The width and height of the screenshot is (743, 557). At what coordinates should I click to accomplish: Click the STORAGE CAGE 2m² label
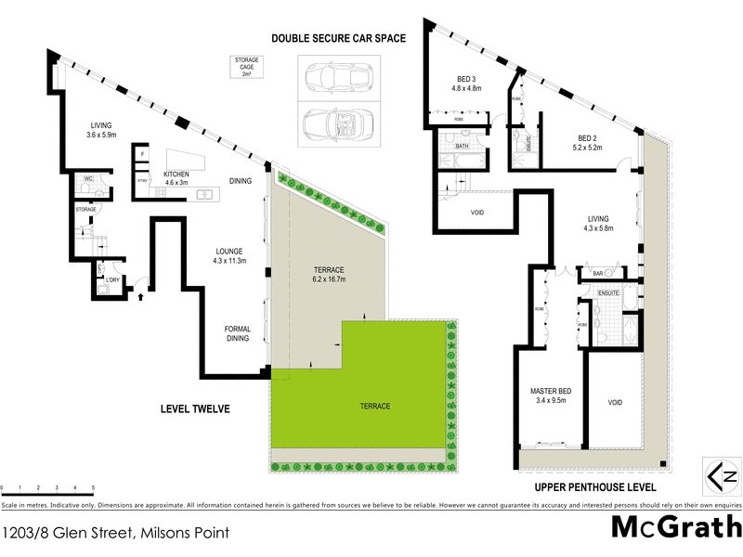(247, 67)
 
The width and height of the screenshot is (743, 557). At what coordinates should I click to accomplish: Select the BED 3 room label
(466, 84)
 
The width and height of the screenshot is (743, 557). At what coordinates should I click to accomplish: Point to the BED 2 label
(587, 142)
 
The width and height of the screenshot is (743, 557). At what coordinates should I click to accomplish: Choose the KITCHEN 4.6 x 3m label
(177, 178)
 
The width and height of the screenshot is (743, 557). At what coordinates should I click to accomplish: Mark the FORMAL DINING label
(238, 334)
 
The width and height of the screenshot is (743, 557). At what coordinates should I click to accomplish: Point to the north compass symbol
(724, 476)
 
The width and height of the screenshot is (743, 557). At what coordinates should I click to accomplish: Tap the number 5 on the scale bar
(93, 487)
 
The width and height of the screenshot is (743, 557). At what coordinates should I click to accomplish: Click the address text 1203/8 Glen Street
(115, 533)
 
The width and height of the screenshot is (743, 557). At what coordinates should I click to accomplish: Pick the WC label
(90, 178)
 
